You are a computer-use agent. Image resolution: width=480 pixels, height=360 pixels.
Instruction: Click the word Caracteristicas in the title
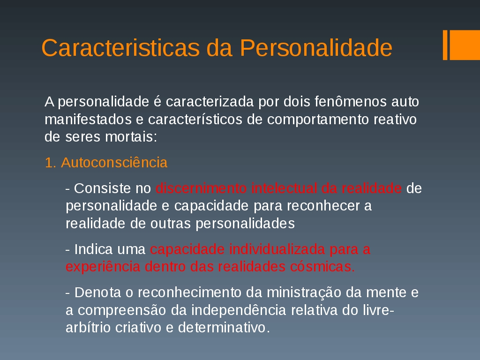[x=120, y=48]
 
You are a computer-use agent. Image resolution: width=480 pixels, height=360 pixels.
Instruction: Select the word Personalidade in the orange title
[x=316, y=48]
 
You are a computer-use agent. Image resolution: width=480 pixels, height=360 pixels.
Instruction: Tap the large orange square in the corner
[x=465, y=45]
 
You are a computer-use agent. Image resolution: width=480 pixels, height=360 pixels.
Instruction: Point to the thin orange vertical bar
[x=445, y=45]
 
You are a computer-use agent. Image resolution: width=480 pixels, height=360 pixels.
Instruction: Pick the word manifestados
[x=88, y=119]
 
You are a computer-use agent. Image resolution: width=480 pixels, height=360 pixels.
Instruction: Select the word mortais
[x=131, y=137]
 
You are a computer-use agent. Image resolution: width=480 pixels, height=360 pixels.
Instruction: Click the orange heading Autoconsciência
[x=114, y=162]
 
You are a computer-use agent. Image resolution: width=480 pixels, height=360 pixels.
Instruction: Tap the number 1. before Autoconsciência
[x=51, y=163]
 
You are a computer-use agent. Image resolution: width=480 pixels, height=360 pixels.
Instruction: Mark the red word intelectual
[x=284, y=188]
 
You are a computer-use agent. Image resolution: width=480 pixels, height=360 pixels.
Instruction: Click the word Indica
[x=93, y=249]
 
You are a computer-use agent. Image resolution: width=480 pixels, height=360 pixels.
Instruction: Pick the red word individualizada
[x=277, y=249]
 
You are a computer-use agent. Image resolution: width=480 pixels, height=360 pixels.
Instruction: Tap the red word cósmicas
[x=322, y=267]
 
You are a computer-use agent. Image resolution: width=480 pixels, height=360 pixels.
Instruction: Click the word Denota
[x=97, y=292]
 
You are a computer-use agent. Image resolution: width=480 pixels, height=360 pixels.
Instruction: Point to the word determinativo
[x=224, y=328]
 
